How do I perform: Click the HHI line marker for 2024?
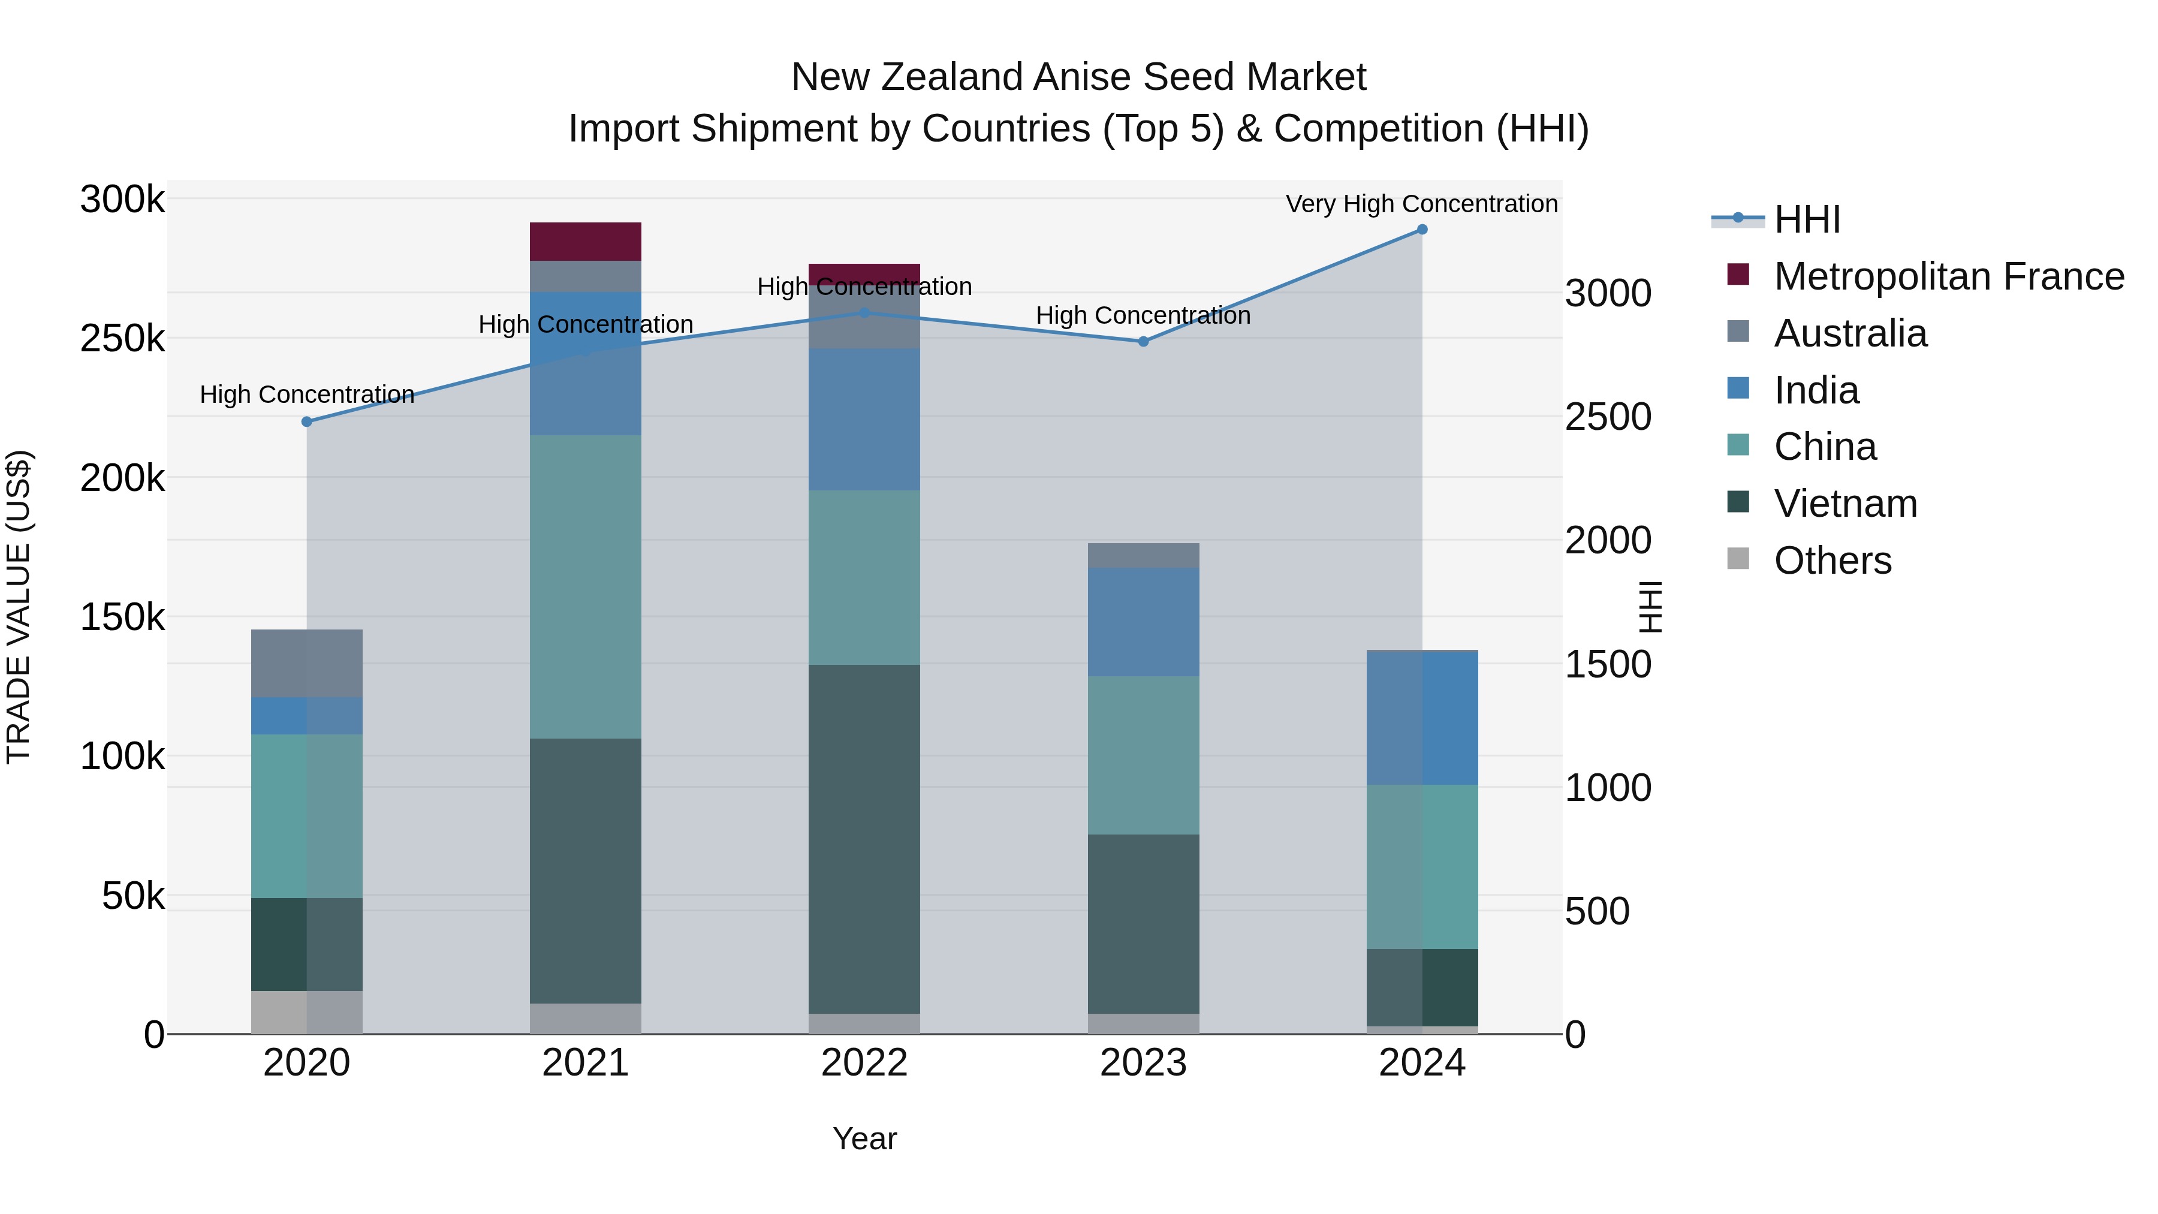1422,230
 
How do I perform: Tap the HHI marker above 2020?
306,421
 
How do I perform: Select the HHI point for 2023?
1143,342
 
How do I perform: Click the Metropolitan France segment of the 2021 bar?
586,241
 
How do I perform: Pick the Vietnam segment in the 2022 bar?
864,838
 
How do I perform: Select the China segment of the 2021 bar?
586,586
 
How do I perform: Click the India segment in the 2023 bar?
1143,622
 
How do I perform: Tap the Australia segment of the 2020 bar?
306,662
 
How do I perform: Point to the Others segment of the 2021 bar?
586,1018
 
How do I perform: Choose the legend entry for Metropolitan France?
1949,276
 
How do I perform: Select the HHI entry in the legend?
1807,219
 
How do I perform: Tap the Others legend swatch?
1738,559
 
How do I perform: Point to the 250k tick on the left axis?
122,339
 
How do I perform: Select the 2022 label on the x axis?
864,1063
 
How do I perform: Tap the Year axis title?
864,1138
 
